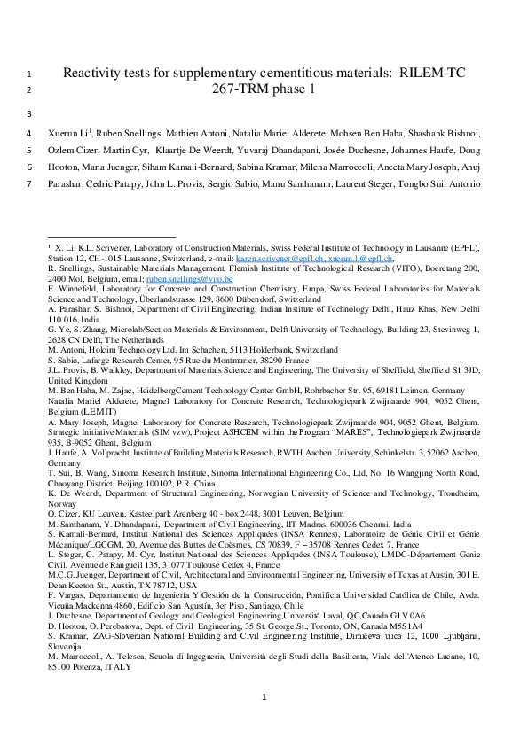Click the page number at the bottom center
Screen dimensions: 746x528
[x=264, y=700]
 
